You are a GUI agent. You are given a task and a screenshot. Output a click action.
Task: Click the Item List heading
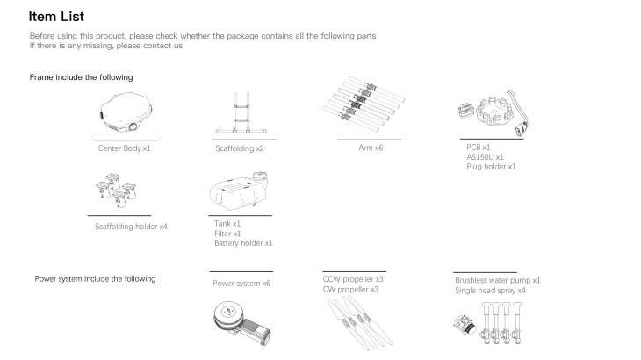tap(56, 17)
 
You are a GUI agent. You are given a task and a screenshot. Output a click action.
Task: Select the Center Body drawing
tap(126, 112)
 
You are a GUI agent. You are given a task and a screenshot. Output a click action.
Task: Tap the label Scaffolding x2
tap(240, 148)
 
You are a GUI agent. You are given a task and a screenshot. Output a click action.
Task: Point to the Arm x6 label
tap(371, 148)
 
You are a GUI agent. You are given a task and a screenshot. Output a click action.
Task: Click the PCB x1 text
tap(479, 148)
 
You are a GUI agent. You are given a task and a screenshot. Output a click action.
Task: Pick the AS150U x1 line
tap(485, 157)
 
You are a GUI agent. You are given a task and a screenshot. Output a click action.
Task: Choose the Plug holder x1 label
tap(491, 167)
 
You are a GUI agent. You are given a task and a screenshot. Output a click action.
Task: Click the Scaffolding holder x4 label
tap(131, 227)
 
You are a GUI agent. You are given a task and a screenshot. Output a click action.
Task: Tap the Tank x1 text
tap(227, 224)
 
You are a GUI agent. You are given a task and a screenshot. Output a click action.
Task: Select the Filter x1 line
tap(227, 234)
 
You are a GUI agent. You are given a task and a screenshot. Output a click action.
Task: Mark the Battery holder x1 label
tap(243, 243)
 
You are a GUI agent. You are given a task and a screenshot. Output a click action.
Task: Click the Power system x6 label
tap(241, 284)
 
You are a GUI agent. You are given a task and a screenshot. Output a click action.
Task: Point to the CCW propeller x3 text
tap(353, 279)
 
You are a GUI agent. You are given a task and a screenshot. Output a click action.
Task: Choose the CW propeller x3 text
tap(350, 289)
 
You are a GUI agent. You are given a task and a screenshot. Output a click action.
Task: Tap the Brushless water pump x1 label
tap(498, 280)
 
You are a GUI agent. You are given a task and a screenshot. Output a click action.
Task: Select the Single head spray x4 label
tap(490, 291)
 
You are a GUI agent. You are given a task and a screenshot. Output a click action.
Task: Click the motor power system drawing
tap(242, 323)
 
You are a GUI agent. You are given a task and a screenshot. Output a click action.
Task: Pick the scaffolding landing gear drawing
tap(241, 112)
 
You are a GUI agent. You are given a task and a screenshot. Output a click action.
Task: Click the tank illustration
tap(239, 191)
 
